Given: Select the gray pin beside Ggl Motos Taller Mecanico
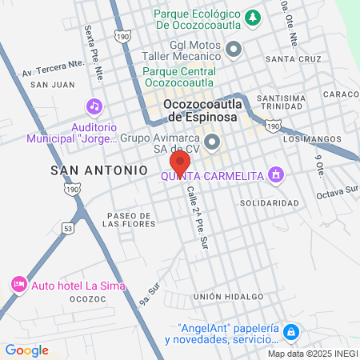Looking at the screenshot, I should pyautogui.click(x=234, y=50).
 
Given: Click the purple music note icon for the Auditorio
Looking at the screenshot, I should pyautogui.click(x=94, y=106).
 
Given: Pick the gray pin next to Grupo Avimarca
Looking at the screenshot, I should pyautogui.click(x=213, y=142).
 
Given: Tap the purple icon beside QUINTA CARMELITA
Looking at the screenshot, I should pyautogui.click(x=276, y=174).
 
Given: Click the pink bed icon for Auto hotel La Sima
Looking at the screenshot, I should pyautogui.click(x=18, y=284).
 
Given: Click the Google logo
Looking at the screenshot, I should pyautogui.click(x=26, y=350).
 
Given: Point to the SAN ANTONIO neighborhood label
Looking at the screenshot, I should pyautogui.click(x=99, y=170).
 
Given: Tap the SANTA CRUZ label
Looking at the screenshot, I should pyautogui.click(x=294, y=59).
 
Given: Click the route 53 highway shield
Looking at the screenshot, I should pyautogui.click(x=69, y=229).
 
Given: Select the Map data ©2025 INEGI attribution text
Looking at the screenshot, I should pyautogui.click(x=313, y=353).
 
